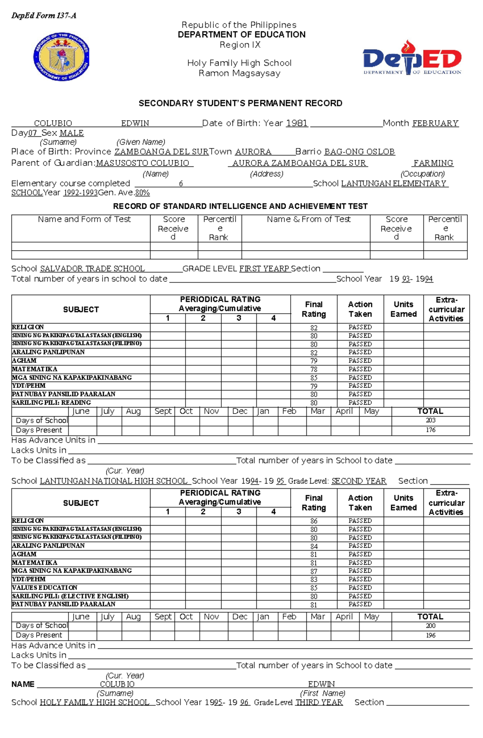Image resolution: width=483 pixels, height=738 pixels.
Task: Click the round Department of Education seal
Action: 61,57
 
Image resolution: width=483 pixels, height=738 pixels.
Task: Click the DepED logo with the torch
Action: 412,58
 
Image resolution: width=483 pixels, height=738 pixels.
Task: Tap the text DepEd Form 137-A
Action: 43,16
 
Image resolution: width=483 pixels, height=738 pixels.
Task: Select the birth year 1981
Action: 297,123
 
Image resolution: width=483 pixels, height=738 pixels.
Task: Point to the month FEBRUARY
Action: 435,123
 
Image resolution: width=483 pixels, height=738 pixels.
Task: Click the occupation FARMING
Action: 433,163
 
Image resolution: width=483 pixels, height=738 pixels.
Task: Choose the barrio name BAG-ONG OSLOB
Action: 359,152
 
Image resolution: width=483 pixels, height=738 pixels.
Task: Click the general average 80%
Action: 142,193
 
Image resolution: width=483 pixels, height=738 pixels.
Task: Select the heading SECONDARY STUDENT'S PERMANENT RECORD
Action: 240,103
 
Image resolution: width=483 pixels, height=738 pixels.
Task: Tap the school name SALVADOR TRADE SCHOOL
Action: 92,269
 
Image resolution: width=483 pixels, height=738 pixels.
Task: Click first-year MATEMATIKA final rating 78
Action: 314,369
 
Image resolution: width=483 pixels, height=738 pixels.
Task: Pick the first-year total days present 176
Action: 430,430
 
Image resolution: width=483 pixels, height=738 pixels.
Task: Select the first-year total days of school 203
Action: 430,420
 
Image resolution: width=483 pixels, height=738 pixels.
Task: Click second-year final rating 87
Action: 314,571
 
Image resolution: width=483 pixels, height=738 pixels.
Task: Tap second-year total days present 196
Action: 430,635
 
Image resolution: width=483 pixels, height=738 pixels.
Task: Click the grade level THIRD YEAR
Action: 319,702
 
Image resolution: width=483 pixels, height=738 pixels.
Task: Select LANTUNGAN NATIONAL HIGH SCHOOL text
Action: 114,481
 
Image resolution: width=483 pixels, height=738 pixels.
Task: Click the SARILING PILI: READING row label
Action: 51,403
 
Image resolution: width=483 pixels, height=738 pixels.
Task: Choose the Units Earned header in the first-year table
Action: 403,309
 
